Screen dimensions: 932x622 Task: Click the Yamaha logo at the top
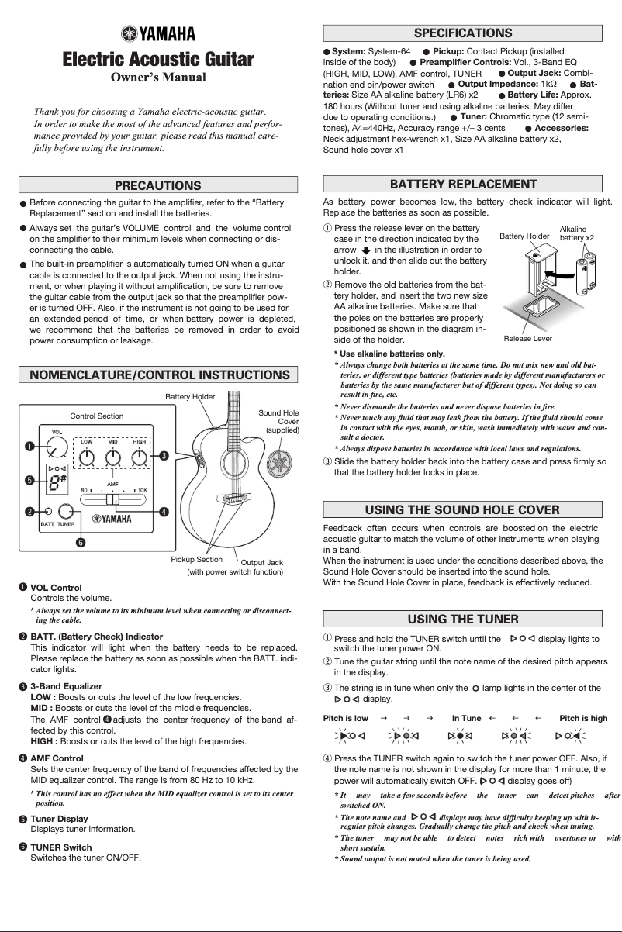pyautogui.click(x=157, y=33)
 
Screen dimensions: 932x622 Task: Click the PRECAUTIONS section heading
pyautogui.click(x=157, y=185)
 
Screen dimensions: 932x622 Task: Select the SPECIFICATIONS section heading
pyautogui.click(x=463, y=33)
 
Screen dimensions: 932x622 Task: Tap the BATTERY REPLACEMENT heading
pyautogui.click(x=463, y=184)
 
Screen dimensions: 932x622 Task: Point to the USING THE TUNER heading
pyautogui.click(x=463, y=618)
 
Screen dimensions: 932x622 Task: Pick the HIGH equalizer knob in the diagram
pyautogui.click(x=140, y=457)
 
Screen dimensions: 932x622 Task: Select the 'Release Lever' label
pyautogui.click(x=527, y=339)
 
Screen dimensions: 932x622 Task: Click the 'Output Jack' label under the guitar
pyautogui.click(x=261, y=561)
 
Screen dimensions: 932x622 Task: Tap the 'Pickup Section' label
pyautogui.click(x=196, y=558)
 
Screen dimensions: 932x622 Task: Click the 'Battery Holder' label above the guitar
pyautogui.click(x=190, y=396)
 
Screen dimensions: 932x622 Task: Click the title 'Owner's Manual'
pyautogui.click(x=157, y=78)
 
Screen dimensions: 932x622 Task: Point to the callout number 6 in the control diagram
pyautogui.click(x=78, y=541)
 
